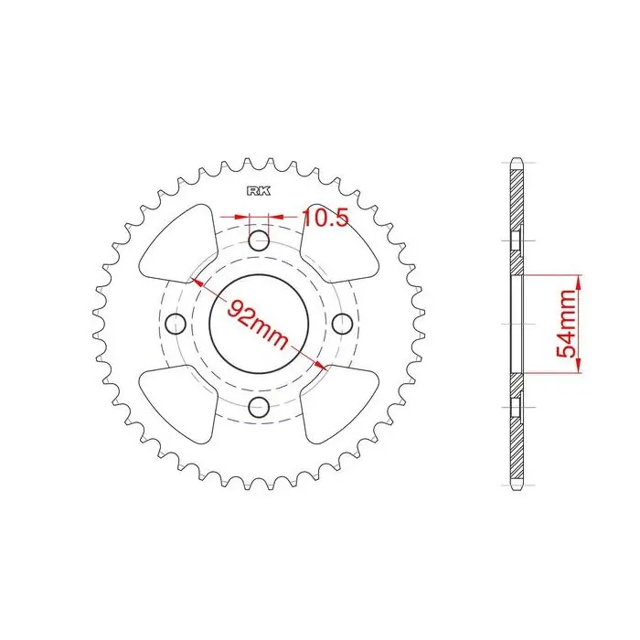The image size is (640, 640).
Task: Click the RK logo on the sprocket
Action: click(x=259, y=191)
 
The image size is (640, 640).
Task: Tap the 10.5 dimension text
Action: click(x=325, y=218)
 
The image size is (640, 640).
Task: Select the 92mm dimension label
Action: click(x=258, y=324)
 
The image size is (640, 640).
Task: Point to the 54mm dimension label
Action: click(x=566, y=324)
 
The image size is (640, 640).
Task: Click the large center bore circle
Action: click(x=209, y=323)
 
